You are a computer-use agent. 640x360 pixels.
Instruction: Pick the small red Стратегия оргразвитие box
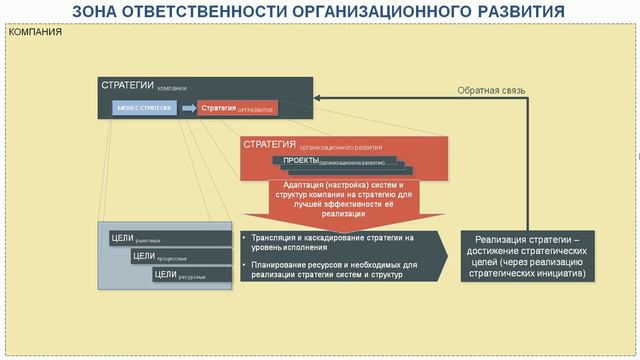(236, 108)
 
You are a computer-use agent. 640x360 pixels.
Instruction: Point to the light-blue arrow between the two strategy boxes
(186, 108)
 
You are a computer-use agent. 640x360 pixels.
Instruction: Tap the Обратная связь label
(491, 90)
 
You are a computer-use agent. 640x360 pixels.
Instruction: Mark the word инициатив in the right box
(549, 272)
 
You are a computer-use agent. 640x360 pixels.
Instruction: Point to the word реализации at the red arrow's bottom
(344, 214)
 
